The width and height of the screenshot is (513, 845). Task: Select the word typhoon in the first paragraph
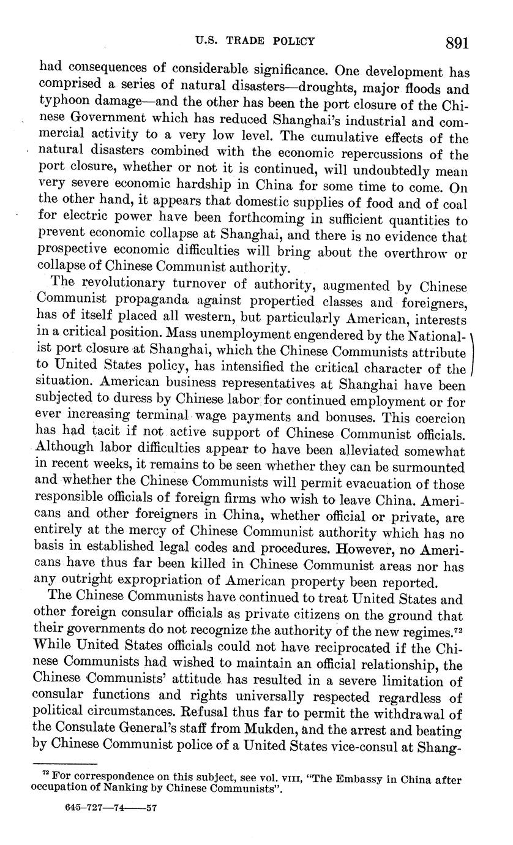coord(65,102)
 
